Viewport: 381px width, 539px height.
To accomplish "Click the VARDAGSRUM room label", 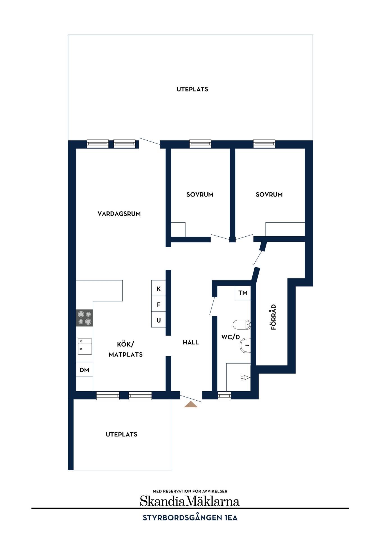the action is [x=119, y=214].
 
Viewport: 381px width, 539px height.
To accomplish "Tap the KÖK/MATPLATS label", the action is [x=126, y=349].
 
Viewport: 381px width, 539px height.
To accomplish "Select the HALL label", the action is [x=191, y=342].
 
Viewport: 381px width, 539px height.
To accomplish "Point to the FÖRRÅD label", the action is [x=273, y=317].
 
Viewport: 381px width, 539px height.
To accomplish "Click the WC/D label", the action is [x=231, y=337].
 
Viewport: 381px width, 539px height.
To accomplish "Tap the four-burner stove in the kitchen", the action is [x=85, y=318].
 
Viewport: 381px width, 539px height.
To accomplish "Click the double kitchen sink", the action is [x=85, y=346].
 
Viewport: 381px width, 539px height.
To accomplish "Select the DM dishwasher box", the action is [x=85, y=370].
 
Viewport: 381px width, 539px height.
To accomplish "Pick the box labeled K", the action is [x=158, y=288].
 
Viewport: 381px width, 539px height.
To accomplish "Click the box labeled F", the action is [x=158, y=304].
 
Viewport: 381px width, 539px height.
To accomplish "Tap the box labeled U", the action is [x=158, y=320].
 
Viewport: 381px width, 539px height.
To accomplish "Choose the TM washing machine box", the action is [x=243, y=293].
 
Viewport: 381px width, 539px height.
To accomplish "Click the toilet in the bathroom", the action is [x=242, y=325].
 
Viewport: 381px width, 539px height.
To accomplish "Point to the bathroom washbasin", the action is [x=245, y=345].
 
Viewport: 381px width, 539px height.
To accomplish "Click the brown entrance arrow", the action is [x=191, y=404].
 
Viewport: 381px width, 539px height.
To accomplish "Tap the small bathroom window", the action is [x=224, y=396].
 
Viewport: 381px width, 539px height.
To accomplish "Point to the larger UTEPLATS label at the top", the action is [x=192, y=89].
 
